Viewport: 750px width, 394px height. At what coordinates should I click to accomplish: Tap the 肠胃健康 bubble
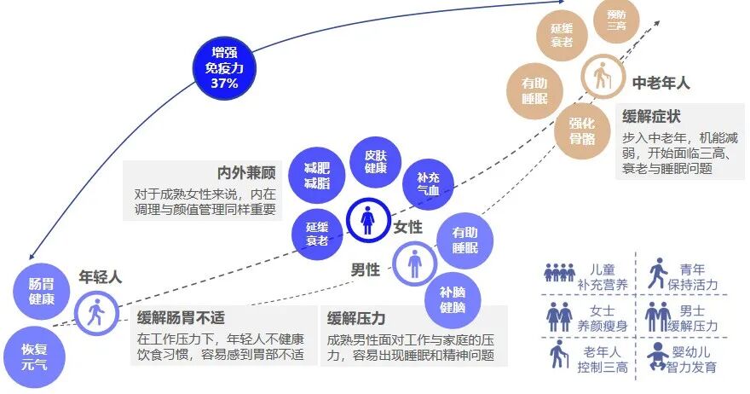41,291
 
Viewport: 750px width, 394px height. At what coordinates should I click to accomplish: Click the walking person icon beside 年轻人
97,314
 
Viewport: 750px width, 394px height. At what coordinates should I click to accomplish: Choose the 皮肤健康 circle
376,161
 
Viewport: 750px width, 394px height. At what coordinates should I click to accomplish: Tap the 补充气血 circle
428,184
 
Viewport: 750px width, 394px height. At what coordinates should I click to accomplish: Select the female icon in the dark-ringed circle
368,220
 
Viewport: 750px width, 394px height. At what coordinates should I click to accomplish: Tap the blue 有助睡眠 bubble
464,240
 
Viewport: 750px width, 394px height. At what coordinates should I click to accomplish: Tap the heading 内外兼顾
249,171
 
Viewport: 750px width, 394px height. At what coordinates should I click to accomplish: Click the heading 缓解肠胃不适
181,318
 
